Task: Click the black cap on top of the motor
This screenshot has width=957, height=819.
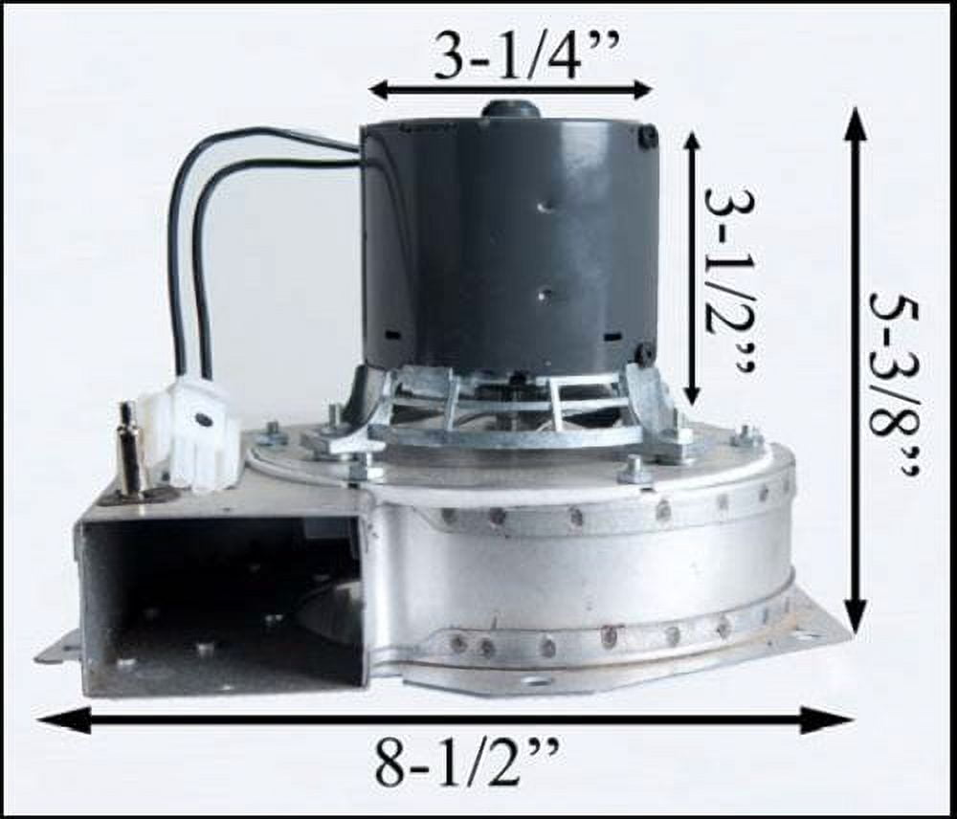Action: (x=510, y=109)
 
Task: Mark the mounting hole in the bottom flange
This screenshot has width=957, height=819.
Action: (x=535, y=681)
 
